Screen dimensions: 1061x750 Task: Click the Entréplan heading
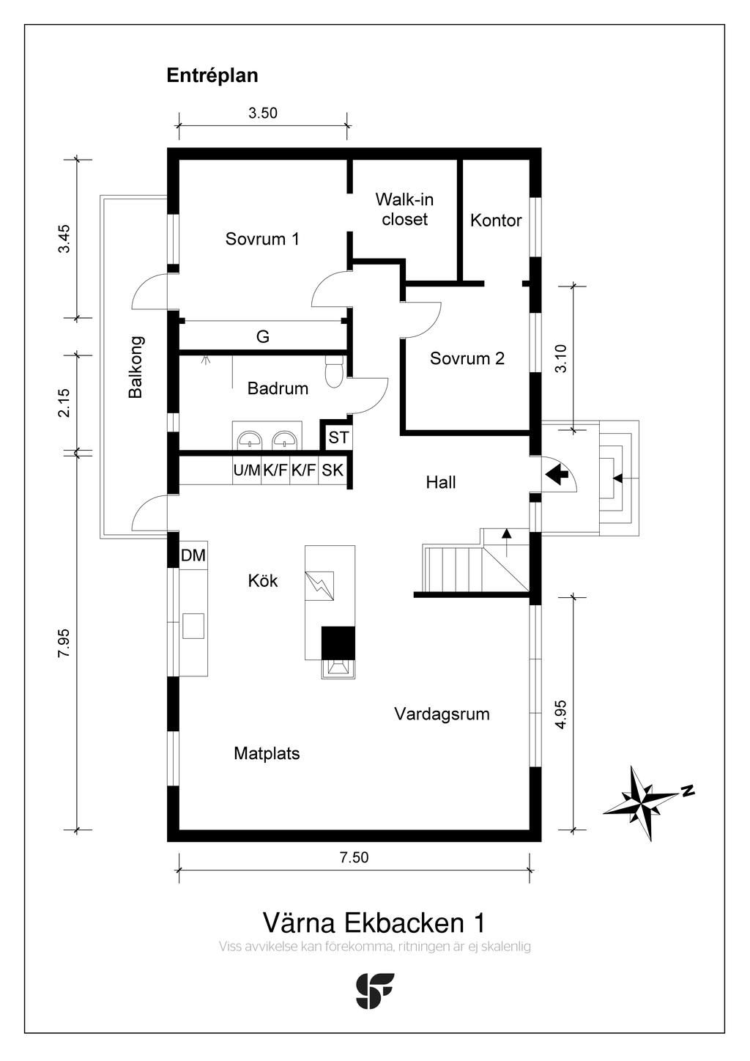(x=212, y=75)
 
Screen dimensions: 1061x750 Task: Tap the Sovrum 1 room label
(x=262, y=239)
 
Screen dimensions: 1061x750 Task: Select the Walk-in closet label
(x=404, y=209)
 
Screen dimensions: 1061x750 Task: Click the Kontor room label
(x=496, y=221)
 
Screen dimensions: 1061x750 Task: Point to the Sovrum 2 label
(x=467, y=358)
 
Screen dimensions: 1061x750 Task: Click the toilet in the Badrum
(x=333, y=371)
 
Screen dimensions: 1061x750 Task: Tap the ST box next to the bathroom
(x=338, y=438)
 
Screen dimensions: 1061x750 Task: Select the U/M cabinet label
(x=247, y=470)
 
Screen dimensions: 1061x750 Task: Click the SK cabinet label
(x=333, y=470)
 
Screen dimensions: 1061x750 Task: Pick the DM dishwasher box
(x=193, y=556)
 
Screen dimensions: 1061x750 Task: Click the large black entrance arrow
(x=557, y=475)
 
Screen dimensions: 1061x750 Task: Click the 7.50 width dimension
(x=354, y=857)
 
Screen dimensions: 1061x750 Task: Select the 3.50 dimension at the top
(x=262, y=113)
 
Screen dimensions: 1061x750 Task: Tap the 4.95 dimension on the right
(x=560, y=714)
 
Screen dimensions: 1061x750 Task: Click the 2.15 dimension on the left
(x=64, y=402)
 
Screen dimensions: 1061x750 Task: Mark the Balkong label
(x=135, y=366)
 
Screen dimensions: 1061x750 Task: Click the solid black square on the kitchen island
(x=338, y=643)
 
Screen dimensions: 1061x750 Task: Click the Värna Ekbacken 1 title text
(x=374, y=922)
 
